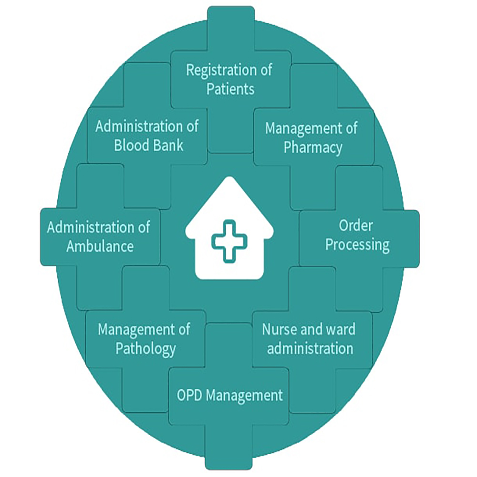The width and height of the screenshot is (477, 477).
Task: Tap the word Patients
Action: (x=230, y=89)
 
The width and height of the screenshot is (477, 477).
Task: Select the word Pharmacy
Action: (x=313, y=147)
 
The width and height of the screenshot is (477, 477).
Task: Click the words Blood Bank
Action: (x=148, y=145)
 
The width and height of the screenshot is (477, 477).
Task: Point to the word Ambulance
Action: (x=100, y=246)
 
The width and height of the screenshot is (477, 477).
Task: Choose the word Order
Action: (x=356, y=226)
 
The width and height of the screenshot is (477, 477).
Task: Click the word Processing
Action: (x=357, y=245)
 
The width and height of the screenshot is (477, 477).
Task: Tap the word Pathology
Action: (x=145, y=349)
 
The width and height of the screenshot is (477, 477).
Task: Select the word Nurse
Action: (x=280, y=329)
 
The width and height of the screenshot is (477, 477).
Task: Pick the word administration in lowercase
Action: (x=310, y=348)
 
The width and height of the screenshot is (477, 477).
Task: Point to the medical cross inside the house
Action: (x=228, y=240)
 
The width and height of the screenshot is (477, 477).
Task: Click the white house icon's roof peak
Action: (x=229, y=180)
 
